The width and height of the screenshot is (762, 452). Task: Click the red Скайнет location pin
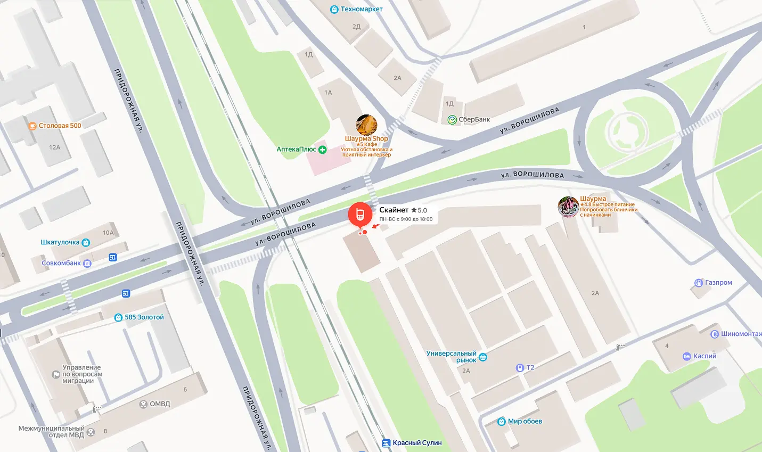tap(360, 215)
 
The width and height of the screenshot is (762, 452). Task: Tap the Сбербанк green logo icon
tap(452, 120)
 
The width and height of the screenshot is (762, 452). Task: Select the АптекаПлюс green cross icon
tap(322, 150)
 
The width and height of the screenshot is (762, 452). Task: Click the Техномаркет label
tap(361, 9)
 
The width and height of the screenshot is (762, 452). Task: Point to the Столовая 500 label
tap(60, 126)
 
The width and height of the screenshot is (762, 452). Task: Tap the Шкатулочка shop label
tap(60, 242)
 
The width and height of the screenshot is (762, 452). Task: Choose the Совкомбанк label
tap(61, 263)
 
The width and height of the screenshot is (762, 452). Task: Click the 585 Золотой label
tap(144, 317)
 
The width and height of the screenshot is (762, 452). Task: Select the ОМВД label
tap(160, 404)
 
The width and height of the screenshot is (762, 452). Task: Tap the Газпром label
tap(718, 283)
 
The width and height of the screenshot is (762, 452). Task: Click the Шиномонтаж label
tap(741, 334)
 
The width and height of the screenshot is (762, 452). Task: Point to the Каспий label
tap(704, 356)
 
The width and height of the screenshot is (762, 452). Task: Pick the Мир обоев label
tap(525, 421)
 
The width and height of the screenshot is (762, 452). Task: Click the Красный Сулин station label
tap(417, 443)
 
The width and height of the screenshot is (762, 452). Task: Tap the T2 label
tap(530, 367)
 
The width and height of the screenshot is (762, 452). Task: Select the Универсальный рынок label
tap(452, 357)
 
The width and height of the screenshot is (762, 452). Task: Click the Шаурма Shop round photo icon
tap(366, 125)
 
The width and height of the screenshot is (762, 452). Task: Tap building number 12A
tap(54, 147)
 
